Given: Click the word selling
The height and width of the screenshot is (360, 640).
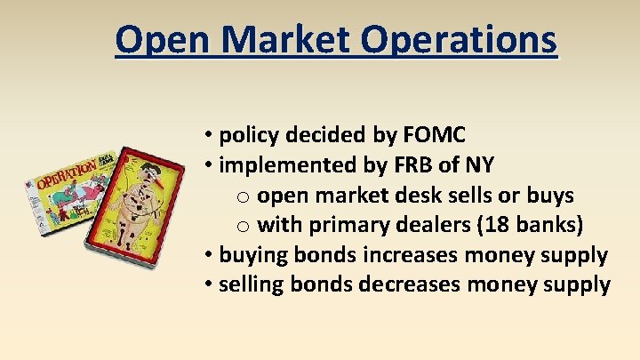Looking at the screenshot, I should pos(253,285).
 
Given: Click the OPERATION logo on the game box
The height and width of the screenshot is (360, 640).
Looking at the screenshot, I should pos(66,169).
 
